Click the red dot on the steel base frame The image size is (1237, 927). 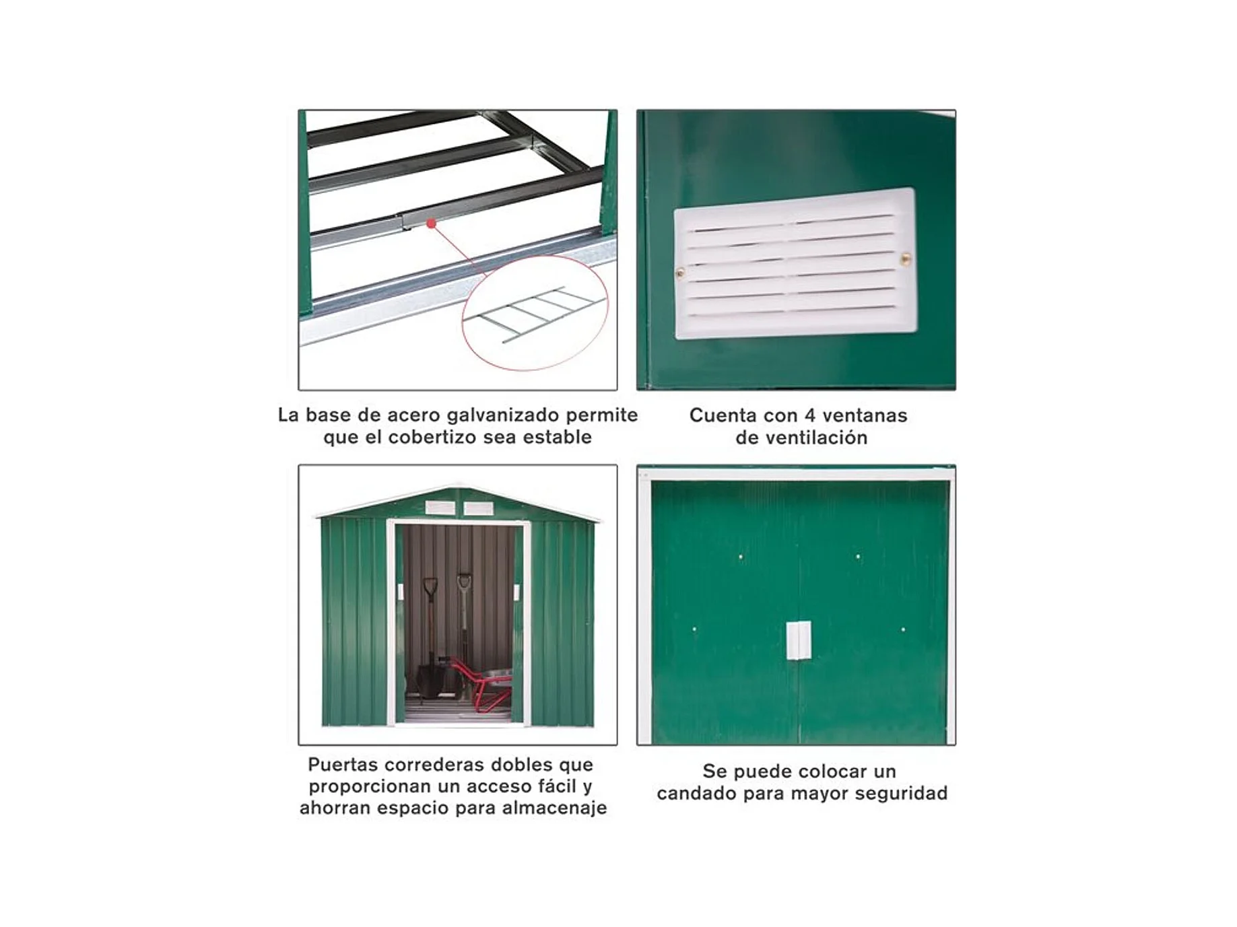431,223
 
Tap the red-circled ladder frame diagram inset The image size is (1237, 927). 535,313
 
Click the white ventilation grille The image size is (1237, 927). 795,263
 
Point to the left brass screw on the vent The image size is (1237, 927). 680,273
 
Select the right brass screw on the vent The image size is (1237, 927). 906,258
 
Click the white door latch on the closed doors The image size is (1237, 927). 799,640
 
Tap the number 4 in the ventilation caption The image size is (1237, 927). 807,415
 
